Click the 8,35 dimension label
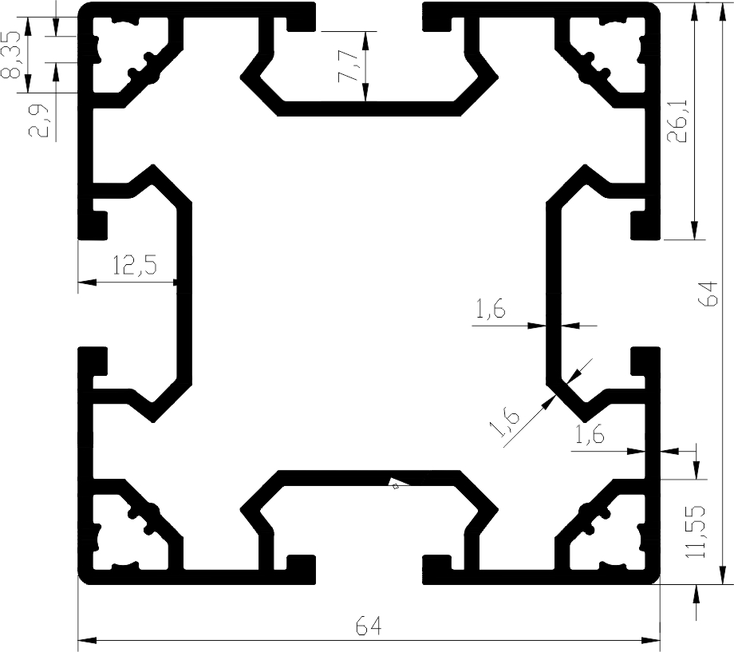click(x=10, y=55)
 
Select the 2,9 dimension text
click(x=39, y=121)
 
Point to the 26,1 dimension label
click(x=677, y=121)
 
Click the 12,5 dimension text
click(x=135, y=265)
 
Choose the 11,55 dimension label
click(x=695, y=531)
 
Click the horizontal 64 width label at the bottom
click(x=369, y=626)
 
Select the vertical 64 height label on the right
click(x=707, y=294)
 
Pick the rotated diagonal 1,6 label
click(x=504, y=423)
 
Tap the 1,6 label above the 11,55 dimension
click(x=590, y=435)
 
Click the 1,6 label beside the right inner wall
click(x=491, y=310)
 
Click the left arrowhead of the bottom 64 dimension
click(x=87, y=640)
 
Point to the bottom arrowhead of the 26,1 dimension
click(x=694, y=230)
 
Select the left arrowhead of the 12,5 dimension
click(x=87, y=283)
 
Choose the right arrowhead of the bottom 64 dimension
click(x=650, y=640)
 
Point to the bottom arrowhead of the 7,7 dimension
click(x=365, y=92)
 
